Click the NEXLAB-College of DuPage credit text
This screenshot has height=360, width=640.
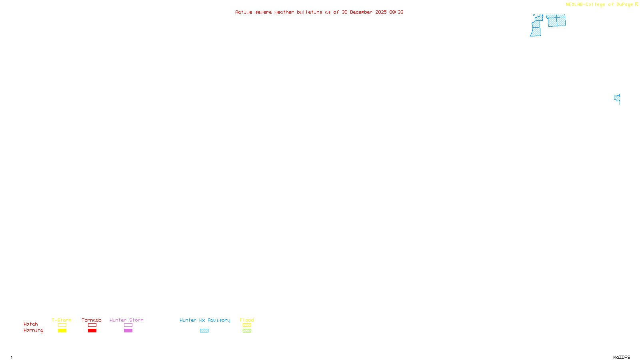click(x=599, y=5)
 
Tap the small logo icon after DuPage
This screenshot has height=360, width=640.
click(x=636, y=4)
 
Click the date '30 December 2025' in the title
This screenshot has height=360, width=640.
click(x=364, y=12)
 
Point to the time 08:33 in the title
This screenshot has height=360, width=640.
click(x=396, y=12)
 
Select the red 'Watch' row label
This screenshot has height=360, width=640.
click(x=31, y=324)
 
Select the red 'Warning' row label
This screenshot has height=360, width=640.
click(x=33, y=330)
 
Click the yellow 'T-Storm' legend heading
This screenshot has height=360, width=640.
click(x=62, y=320)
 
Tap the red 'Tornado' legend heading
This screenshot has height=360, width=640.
click(x=92, y=320)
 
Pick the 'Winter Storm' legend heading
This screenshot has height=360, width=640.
click(x=126, y=320)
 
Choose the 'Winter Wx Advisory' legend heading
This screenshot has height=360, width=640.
click(x=205, y=320)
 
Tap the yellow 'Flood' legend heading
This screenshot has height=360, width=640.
click(x=247, y=320)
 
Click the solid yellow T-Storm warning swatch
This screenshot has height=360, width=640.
click(x=62, y=331)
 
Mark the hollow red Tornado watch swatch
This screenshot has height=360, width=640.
click(x=92, y=325)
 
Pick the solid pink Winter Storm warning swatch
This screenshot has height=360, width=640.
click(x=128, y=331)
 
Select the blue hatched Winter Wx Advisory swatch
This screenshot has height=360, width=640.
click(x=204, y=331)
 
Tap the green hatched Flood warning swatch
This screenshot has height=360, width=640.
click(x=247, y=331)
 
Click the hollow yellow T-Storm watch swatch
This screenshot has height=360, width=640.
click(x=62, y=325)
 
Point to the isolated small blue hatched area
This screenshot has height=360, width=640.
click(x=617, y=98)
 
